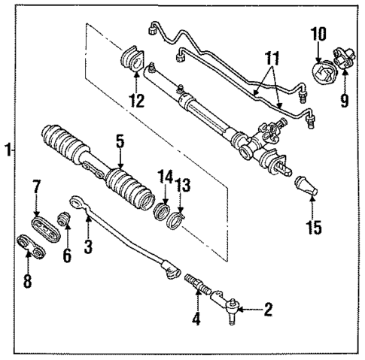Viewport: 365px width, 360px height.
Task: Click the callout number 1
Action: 8,150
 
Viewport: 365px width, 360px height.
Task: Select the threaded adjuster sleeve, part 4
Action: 197,286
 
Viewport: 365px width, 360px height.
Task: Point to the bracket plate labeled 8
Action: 30,245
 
